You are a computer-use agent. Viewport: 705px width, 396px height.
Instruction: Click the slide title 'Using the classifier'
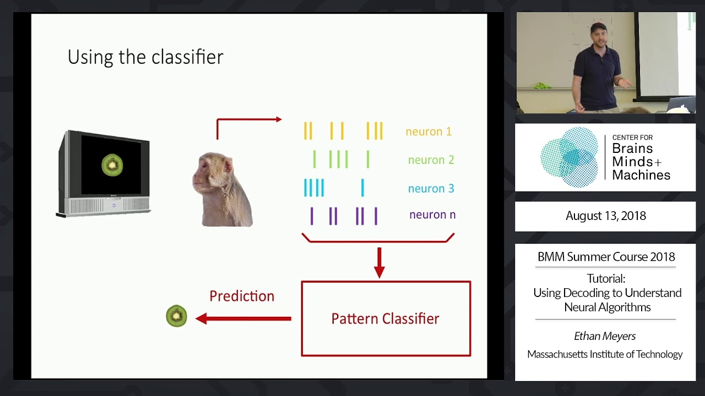click(x=145, y=57)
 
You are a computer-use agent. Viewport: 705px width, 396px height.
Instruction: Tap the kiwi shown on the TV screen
click(x=112, y=165)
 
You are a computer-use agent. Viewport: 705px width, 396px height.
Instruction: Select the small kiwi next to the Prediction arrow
click(x=176, y=316)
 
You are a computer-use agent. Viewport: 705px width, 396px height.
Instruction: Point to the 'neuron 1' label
click(x=429, y=131)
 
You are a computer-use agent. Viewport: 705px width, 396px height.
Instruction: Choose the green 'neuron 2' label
click(x=431, y=160)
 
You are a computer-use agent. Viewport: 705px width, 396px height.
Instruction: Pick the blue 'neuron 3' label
click(x=431, y=189)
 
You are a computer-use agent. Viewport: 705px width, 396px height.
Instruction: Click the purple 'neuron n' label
click(x=432, y=215)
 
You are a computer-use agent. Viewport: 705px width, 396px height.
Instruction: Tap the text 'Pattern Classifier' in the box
click(x=385, y=318)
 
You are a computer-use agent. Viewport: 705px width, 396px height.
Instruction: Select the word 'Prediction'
click(x=242, y=296)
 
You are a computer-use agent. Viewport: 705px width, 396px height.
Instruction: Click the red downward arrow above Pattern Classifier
click(x=379, y=263)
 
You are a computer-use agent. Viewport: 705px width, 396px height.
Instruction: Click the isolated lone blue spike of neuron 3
click(x=362, y=188)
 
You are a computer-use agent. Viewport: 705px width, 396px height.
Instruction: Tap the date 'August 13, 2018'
click(x=605, y=216)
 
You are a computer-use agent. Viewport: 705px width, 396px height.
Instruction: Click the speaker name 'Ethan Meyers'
click(x=605, y=335)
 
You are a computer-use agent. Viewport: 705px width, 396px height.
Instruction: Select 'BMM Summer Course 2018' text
click(x=606, y=257)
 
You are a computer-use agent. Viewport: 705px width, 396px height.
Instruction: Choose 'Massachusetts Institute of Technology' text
click(x=605, y=354)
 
